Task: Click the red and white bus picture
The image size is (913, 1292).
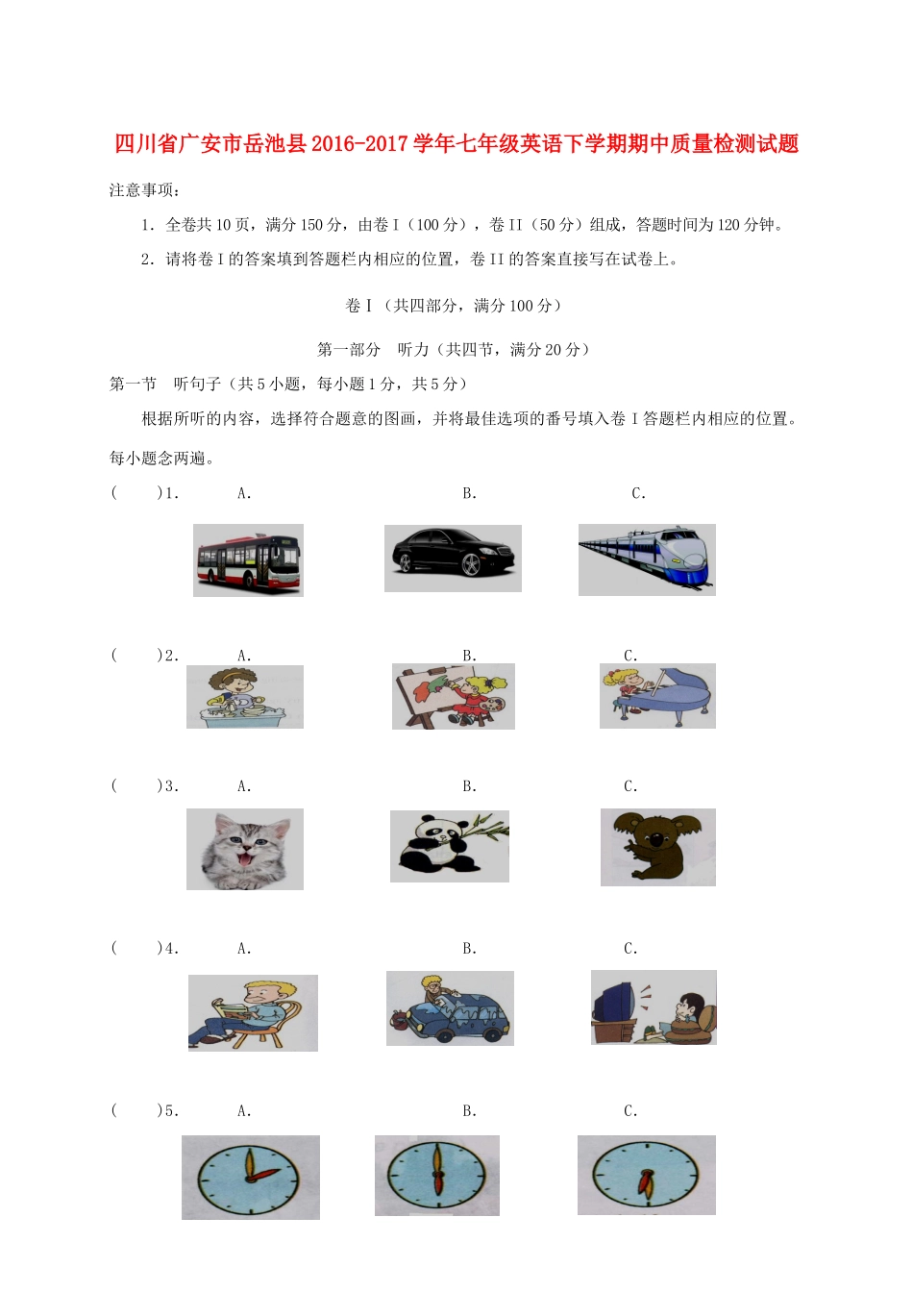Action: click(x=248, y=560)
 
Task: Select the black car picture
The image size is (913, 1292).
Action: click(x=453, y=558)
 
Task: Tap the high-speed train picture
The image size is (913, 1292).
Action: click(x=647, y=559)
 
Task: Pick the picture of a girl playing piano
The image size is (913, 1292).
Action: click(x=657, y=695)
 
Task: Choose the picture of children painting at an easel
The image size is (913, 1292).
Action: click(x=453, y=696)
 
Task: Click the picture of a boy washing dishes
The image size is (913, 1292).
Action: click(x=244, y=697)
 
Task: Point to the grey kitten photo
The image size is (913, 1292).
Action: click(x=244, y=849)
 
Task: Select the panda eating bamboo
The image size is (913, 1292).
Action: click(x=449, y=846)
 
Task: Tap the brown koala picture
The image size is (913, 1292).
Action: click(x=657, y=847)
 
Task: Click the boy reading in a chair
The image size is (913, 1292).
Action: click(x=252, y=1013)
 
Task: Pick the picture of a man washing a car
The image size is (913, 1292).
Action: click(x=450, y=1007)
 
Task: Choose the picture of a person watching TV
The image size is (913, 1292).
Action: click(x=654, y=1007)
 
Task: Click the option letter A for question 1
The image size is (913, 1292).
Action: click(x=244, y=494)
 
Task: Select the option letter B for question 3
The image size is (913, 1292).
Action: click(x=469, y=786)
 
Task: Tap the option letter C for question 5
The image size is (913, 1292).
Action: click(x=630, y=1111)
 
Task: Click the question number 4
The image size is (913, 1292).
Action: click(x=170, y=949)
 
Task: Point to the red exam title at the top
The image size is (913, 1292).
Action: click(x=456, y=144)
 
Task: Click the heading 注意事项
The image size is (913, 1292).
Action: click(x=144, y=190)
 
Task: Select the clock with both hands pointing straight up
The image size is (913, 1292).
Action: click(x=437, y=1176)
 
